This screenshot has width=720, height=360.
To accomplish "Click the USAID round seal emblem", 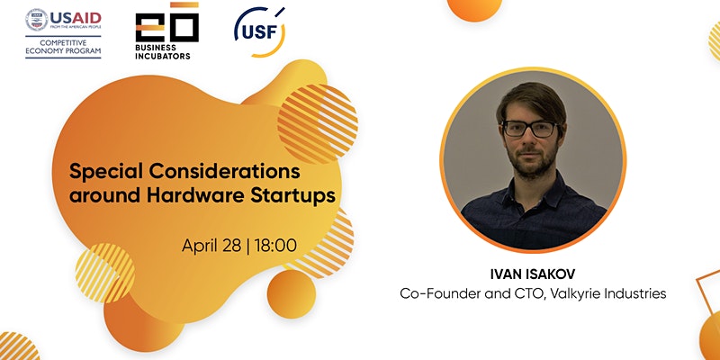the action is tap(37, 20).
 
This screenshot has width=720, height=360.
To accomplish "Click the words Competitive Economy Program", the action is tap(63, 47).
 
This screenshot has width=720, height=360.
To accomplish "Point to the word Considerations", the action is tap(224, 171).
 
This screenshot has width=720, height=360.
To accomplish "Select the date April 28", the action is tap(211, 246).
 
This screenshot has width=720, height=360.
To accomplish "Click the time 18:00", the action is tap(275, 246).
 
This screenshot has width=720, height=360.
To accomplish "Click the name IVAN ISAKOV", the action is tap(533, 274).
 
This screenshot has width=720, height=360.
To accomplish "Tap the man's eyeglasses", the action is tap(530, 129).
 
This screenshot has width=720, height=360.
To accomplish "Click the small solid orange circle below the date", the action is tap(291, 294).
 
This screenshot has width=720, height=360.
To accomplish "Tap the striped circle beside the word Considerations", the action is tap(318, 124).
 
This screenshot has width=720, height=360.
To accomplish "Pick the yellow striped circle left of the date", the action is tap(105, 273).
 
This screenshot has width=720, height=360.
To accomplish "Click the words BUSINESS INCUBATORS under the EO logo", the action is tap(163, 52).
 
